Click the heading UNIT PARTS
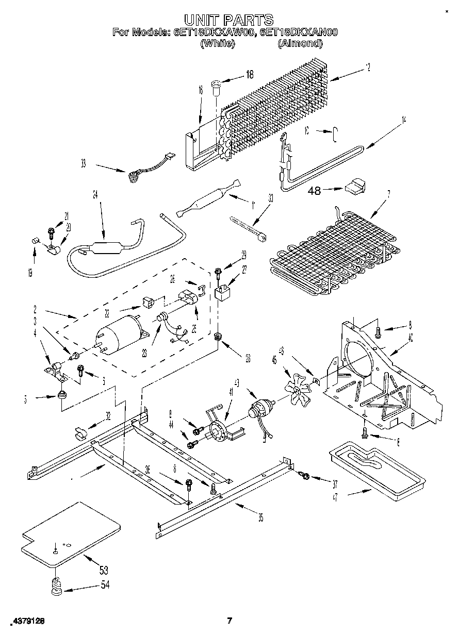[229, 20]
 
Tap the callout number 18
[249, 75]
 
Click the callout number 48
[314, 191]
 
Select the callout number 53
[104, 570]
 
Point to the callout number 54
[105, 585]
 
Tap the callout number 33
[83, 164]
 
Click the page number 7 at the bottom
[230, 621]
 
